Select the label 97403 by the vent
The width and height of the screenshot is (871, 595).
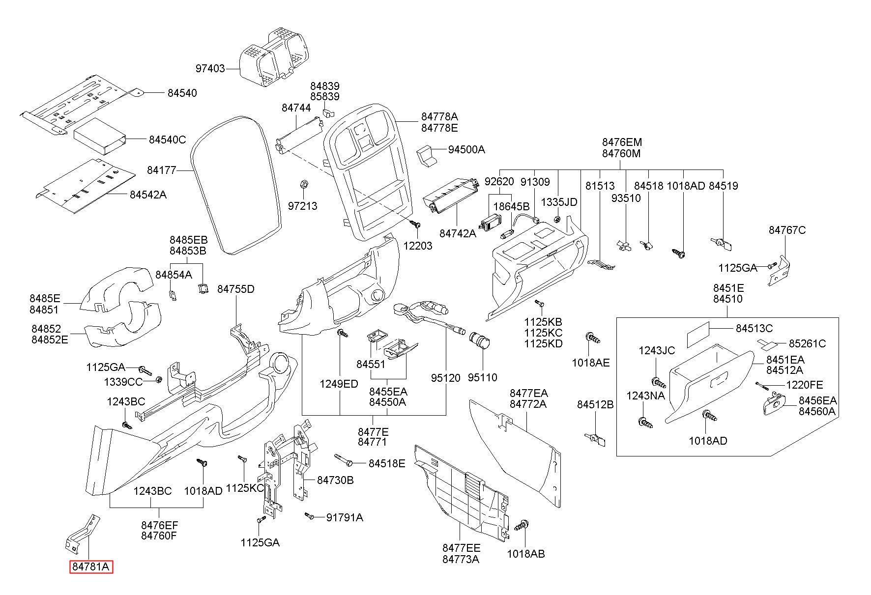click(210, 69)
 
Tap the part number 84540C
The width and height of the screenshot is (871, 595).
click(167, 140)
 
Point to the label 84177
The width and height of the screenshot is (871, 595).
click(161, 170)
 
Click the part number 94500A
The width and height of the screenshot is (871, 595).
click(466, 149)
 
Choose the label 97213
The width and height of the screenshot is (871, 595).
click(302, 206)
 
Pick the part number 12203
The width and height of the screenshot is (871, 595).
click(417, 245)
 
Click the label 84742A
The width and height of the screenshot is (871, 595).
click(458, 233)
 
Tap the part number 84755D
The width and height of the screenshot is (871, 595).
click(236, 289)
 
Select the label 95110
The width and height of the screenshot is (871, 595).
click(482, 377)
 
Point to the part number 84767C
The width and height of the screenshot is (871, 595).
click(787, 230)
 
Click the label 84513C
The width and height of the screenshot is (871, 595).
click(754, 328)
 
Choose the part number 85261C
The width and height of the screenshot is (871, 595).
click(808, 343)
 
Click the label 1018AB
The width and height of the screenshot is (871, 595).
click(526, 554)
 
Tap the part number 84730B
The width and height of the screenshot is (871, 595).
click(335, 480)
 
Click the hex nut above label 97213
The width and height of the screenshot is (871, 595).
click(303, 185)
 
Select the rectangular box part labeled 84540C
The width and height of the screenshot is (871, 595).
click(99, 136)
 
